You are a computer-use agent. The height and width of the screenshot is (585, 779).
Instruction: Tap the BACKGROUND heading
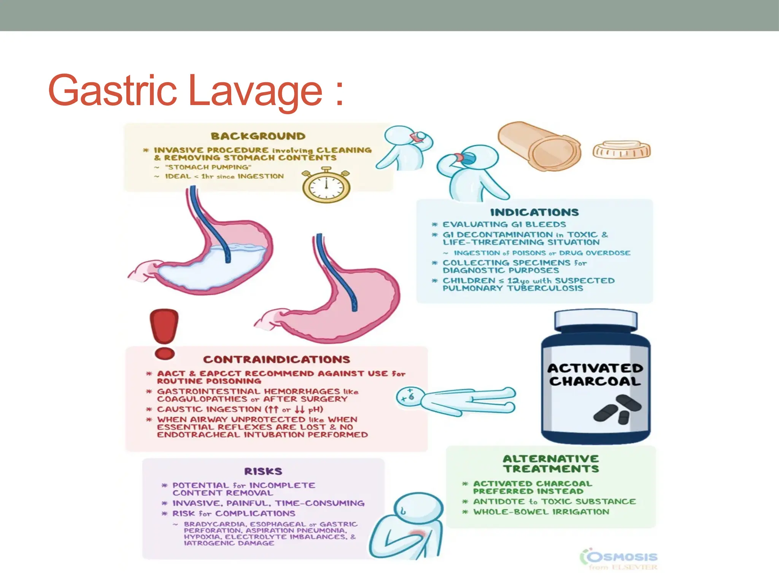tap(258, 136)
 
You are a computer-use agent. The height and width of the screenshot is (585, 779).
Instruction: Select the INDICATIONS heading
tap(534, 212)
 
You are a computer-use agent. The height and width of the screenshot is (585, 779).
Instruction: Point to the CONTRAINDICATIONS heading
tap(277, 360)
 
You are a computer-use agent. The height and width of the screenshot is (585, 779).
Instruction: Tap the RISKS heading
tap(263, 472)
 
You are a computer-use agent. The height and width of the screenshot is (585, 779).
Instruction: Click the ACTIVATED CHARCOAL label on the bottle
tap(595, 375)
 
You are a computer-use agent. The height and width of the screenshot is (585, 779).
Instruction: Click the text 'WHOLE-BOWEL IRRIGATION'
tap(541, 512)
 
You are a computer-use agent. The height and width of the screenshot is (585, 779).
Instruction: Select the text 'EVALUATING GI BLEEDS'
tap(504, 224)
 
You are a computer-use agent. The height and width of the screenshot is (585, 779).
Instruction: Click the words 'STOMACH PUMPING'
tap(208, 167)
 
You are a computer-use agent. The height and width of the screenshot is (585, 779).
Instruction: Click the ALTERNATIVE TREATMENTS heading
tap(551, 464)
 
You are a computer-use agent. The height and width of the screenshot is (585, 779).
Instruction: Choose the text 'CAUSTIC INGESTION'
tap(209, 409)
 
